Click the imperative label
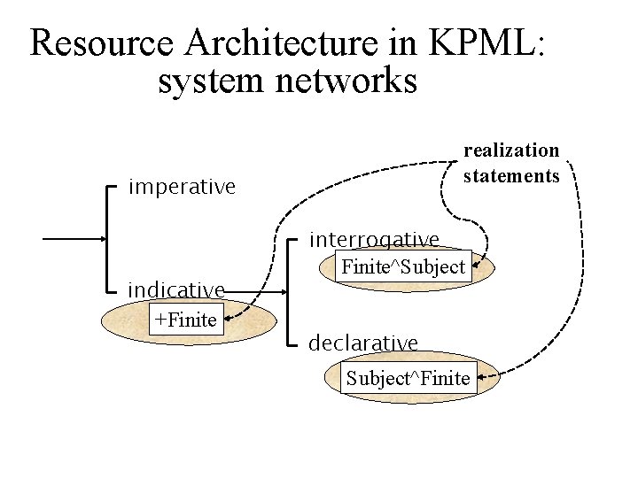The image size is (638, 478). [x=182, y=188]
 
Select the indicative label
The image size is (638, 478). [x=175, y=289]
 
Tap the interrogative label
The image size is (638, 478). [x=373, y=240]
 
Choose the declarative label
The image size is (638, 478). [x=362, y=342]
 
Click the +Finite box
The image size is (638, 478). [x=185, y=320]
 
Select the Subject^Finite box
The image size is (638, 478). [x=408, y=379]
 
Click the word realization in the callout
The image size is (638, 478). [x=511, y=151]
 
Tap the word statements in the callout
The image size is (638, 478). [x=511, y=176]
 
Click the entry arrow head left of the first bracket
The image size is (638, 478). [x=101, y=239]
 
